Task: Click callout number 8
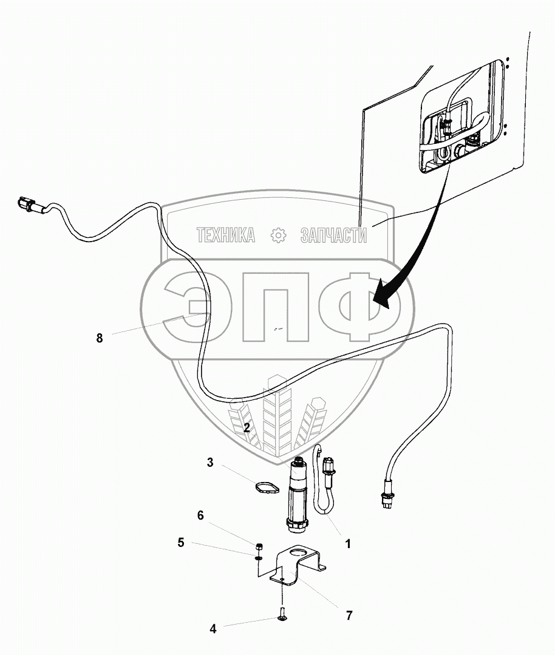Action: (x=100, y=338)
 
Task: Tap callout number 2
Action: (x=247, y=428)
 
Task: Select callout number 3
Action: (x=210, y=463)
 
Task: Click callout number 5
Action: (x=181, y=543)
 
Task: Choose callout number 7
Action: (x=349, y=616)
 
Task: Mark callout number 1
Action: (x=348, y=544)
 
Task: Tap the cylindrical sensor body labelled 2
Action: (x=298, y=495)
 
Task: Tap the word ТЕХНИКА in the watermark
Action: (x=225, y=235)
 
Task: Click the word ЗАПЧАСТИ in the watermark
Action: (x=333, y=235)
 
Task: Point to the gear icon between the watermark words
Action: (x=278, y=235)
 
